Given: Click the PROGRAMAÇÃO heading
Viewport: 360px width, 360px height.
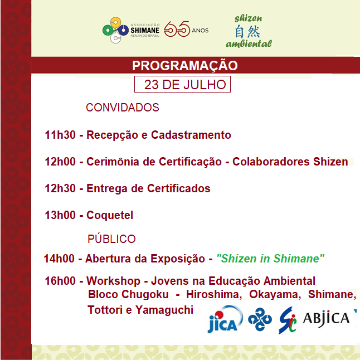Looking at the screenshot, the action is [x=185, y=66].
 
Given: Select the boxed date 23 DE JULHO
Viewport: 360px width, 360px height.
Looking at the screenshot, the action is [x=183, y=84].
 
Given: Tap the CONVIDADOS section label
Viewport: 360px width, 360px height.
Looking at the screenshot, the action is [x=123, y=108].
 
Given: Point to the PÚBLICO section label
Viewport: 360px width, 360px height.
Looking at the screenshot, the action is [x=111, y=239].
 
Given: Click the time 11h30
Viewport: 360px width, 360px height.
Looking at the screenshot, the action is [x=60, y=135].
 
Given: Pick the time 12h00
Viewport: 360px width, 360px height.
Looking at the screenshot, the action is [x=60, y=162].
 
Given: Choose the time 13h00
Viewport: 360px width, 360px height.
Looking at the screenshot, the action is [x=60, y=215].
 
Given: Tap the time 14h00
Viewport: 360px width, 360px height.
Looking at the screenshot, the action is [x=59, y=259].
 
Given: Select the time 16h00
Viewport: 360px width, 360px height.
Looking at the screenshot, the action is [x=60, y=281].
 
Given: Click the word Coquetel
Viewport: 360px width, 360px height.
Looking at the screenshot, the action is [x=110, y=215].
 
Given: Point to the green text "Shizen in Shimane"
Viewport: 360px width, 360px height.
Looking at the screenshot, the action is [x=270, y=259].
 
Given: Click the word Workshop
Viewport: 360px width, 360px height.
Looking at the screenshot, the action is [x=113, y=281].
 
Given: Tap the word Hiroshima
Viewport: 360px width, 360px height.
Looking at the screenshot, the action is [x=214, y=294].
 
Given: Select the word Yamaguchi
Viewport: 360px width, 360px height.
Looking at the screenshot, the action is [x=164, y=310].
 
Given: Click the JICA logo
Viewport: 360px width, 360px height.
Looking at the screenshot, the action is [x=225, y=319].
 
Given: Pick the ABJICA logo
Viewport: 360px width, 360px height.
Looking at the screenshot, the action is [x=326, y=319].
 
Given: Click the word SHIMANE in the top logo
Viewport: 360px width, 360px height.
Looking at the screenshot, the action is [x=145, y=30].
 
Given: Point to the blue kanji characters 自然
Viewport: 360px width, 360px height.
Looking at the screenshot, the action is [x=247, y=31].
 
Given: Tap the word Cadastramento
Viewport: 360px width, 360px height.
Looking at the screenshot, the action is [x=191, y=135].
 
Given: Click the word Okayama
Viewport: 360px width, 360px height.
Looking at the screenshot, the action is [x=275, y=295].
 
